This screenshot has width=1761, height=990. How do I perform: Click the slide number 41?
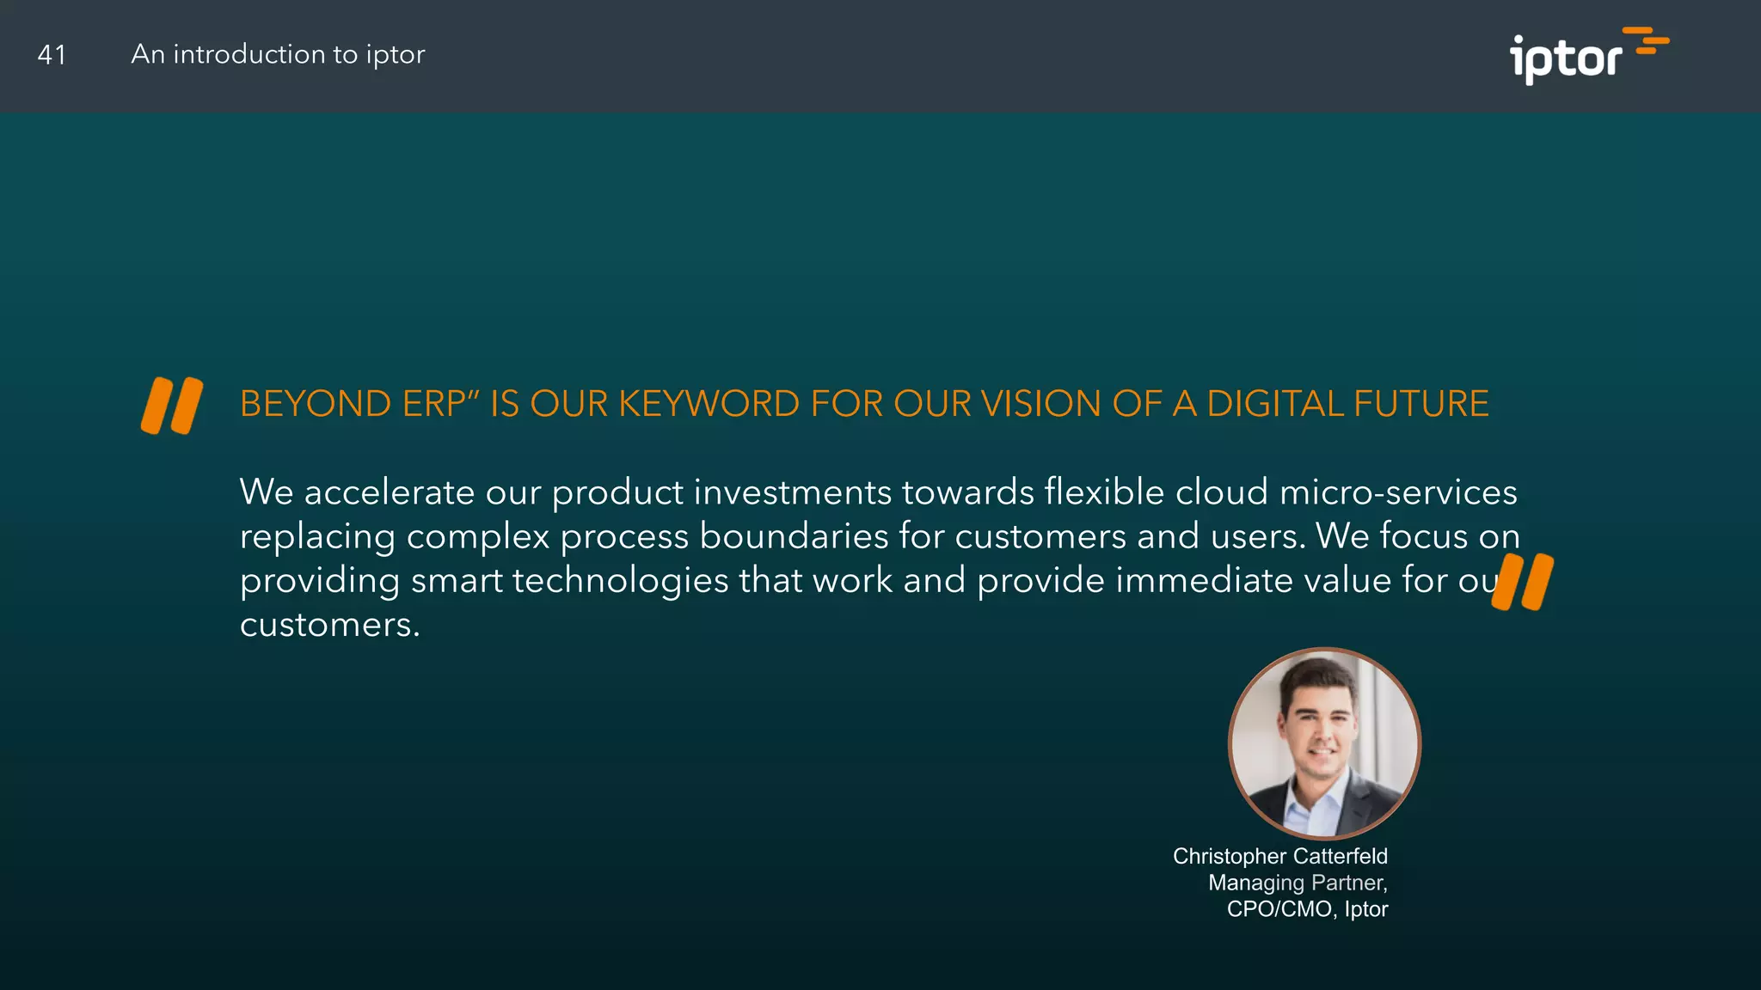pos(52,55)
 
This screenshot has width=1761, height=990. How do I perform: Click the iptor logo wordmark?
pos(1565,59)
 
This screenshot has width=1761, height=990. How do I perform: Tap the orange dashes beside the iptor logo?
pos(1647,40)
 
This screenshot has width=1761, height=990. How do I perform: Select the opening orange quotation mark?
pos(172,405)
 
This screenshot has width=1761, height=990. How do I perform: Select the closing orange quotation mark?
pos(1524,582)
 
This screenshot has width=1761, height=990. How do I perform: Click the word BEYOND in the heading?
pos(316,404)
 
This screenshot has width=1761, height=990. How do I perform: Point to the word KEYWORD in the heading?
pos(709,404)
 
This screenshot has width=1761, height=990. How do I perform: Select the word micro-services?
pos(1398,492)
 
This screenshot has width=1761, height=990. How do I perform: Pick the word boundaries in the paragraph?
pos(794,536)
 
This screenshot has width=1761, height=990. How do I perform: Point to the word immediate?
pos(1204,581)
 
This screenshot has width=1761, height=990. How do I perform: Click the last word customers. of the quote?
pos(329,625)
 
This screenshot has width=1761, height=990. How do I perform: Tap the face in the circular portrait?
pos(1320,726)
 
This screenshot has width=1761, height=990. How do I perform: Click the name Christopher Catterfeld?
pos(1279,856)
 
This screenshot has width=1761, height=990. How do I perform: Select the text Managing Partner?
pos(1297,883)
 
